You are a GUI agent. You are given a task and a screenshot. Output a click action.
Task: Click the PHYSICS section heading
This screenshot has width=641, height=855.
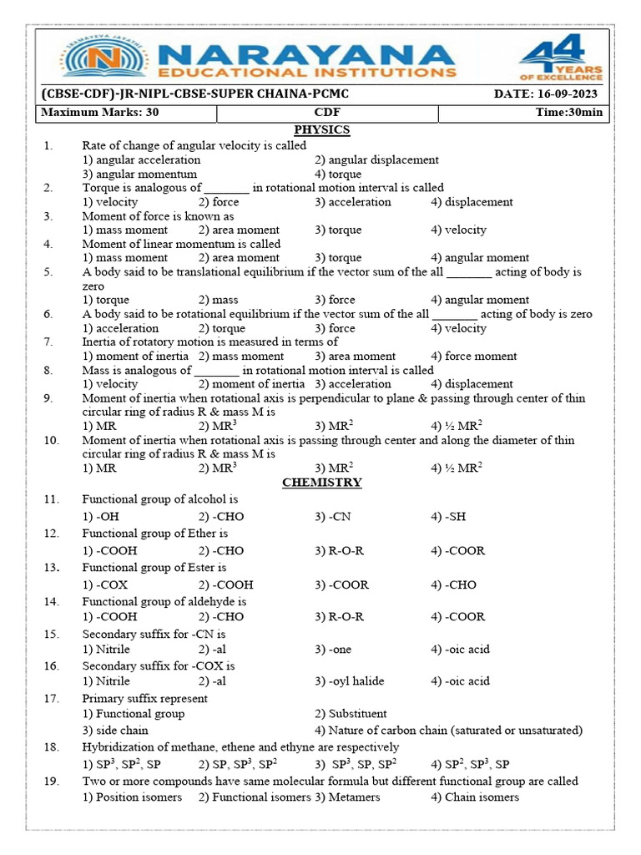[x=321, y=130]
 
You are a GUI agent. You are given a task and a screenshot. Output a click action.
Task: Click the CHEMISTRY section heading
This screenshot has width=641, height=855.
[x=321, y=483]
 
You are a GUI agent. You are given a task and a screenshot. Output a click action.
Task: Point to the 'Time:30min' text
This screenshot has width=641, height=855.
[x=568, y=113]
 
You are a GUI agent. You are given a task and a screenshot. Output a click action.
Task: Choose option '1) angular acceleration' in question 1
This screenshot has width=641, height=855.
[x=141, y=159]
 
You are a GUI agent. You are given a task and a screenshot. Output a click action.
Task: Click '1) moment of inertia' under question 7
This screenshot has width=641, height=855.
[x=135, y=356]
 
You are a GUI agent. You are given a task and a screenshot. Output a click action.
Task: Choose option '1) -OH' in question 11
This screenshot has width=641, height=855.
[x=101, y=517]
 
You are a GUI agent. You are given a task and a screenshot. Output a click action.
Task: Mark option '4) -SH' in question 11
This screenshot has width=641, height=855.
[x=448, y=517]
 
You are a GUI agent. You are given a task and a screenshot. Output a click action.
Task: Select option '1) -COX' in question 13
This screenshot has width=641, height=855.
[x=105, y=584]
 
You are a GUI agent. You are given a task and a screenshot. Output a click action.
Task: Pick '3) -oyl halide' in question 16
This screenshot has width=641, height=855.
[x=350, y=680]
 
